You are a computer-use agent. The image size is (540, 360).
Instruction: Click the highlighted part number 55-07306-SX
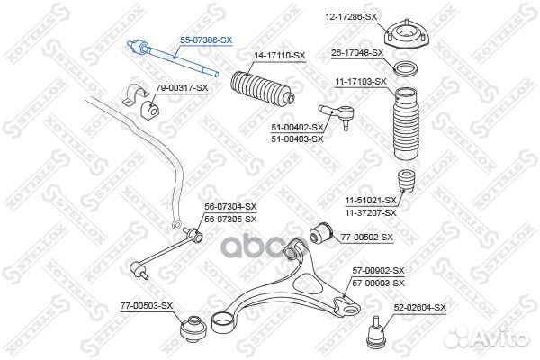click(x=206, y=40)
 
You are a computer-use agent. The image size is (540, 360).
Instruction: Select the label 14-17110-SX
click(x=280, y=56)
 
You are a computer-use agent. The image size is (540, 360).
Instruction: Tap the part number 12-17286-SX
click(x=351, y=16)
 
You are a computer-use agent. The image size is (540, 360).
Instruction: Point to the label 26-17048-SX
click(x=357, y=53)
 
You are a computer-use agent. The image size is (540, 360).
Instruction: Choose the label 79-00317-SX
click(x=182, y=88)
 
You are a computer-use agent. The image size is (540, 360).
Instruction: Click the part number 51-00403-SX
click(x=298, y=139)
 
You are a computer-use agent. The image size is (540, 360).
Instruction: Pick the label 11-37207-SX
click(x=371, y=213)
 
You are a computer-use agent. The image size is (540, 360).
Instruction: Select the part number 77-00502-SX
click(x=367, y=238)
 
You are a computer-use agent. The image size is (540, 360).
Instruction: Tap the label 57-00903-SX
click(x=378, y=283)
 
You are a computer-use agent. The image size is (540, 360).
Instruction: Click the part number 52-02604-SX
click(x=419, y=307)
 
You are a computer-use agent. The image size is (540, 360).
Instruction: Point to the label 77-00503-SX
click(x=147, y=306)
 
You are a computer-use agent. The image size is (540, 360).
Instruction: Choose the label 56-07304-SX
click(x=230, y=207)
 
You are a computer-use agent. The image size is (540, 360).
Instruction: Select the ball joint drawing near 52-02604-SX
click(x=374, y=331)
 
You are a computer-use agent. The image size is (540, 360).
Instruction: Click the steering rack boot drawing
click(x=263, y=89)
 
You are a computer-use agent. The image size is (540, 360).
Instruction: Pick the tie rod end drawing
click(x=337, y=116)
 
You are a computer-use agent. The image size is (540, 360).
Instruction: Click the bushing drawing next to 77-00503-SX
click(x=193, y=329)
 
